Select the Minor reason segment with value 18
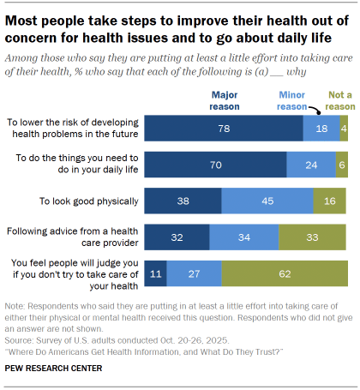[x=321, y=128]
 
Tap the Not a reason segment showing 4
[x=344, y=128]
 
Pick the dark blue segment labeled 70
[x=215, y=165]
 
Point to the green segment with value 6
[x=342, y=165]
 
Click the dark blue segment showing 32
[x=176, y=237]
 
